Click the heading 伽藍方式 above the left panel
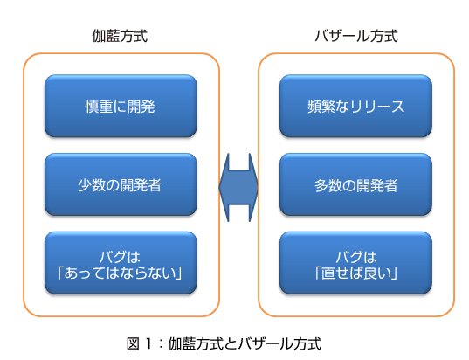point(120,36)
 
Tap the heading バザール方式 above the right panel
point(356,36)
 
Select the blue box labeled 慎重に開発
point(121,106)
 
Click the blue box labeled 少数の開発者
point(121,184)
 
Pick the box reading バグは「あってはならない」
point(121,263)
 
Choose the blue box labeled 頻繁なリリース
point(356,106)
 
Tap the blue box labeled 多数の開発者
point(356,184)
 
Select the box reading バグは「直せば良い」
point(356,263)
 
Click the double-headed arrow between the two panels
point(238,188)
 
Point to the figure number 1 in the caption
point(148,343)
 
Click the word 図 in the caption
point(133,343)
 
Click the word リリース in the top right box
point(377,107)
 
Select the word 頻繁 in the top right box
point(321,107)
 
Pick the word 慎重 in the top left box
point(99,107)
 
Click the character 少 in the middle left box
point(85,185)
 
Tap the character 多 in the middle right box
point(321,185)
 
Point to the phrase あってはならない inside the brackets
point(120,273)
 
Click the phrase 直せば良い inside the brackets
point(356,273)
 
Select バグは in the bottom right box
point(356,257)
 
